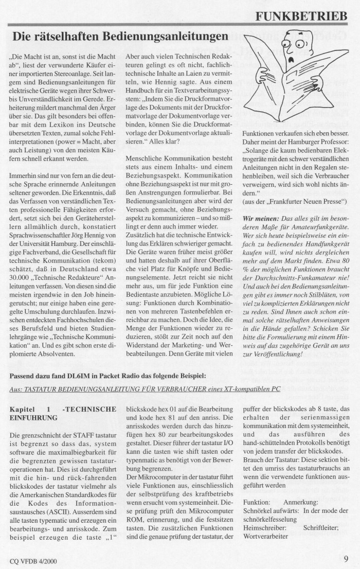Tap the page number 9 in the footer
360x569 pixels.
pyautogui.click(x=346, y=559)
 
